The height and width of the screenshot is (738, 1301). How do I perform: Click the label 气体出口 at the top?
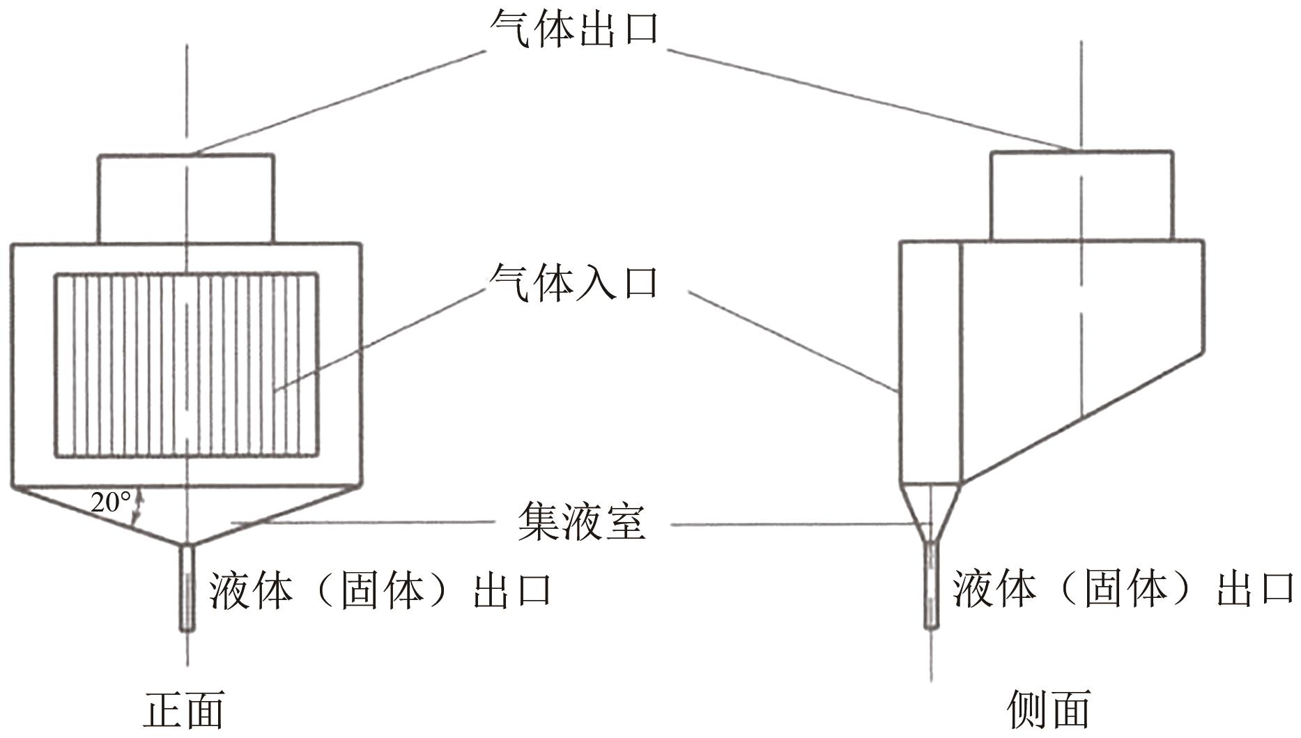point(574,29)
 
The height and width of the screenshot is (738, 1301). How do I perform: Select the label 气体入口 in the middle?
point(574,282)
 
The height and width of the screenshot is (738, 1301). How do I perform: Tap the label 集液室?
point(582,521)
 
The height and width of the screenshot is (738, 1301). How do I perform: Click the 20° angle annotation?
point(110,502)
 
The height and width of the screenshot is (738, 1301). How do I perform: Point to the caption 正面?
point(184,710)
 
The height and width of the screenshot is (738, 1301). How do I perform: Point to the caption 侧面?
point(1049,710)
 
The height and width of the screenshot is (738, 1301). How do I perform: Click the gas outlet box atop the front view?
point(186,199)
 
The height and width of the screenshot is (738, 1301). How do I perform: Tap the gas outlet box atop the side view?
point(1082,195)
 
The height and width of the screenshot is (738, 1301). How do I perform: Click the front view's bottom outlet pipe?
point(186,587)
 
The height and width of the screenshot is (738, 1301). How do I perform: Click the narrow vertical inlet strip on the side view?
point(931,362)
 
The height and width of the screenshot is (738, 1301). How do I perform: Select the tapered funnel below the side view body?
point(931,512)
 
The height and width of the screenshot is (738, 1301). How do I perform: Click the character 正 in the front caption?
point(163,710)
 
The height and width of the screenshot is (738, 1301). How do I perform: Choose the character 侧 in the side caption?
point(1028,710)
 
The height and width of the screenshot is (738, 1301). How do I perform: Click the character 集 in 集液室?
point(538,521)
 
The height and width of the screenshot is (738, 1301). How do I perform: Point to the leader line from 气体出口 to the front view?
point(339,102)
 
